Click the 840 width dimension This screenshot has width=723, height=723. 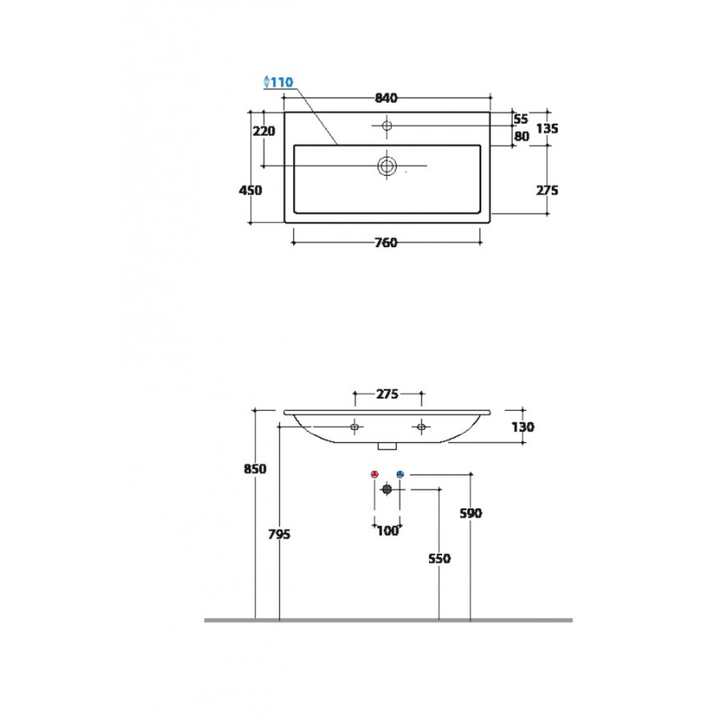pyautogui.click(x=386, y=98)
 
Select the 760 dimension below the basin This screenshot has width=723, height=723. pyautogui.click(x=386, y=242)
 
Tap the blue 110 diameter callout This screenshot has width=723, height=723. pyautogui.click(x=279, y=82)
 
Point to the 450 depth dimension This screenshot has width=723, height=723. pyautogui.click(x=251, y=190)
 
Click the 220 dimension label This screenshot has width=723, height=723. pyautogui.click(x=264, y=131)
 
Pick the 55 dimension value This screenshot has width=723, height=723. pyautogui.click(x=521, y=119)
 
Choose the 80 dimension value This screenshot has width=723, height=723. pyautogui.click(x=522, y=136)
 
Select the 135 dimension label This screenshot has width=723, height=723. pyautogui.click(x=547, y=128)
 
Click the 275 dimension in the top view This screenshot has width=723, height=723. pyautogui.click(x=547, y=190)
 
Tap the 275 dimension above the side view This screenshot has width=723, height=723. pyautogui.click(x=387, y=394)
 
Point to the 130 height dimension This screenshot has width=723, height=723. pyautogui.click(x=523, y=427)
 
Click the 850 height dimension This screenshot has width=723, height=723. pyautogui.click(x=255, y=469)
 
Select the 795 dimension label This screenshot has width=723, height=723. pyautogui.click(x=279, y=534)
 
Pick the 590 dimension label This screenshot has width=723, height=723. pyautogui.click(x=471, y=513)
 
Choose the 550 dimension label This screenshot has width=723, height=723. pyautogui.click(x=440, y=559)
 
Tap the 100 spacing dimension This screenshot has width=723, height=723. pyautogui.click(x=387, y=532)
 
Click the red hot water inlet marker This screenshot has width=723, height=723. pyautogui.click(x=375, y=474)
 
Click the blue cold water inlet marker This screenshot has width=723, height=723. pyautogui.click(x=400, y=474)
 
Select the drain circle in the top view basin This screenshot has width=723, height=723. pyautogui.click(x=387, y=165)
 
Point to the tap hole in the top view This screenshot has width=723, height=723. pyautogui.click(x=387, y=126)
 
